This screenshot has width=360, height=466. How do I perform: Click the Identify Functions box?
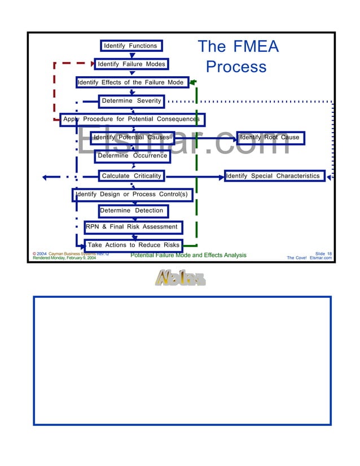[x=131, y=46]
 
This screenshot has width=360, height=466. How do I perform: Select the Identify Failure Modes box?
[x=131, y=64]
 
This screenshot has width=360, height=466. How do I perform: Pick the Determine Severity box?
[x=131, y=101]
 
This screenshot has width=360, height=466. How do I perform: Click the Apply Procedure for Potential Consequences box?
[x=132, y=120]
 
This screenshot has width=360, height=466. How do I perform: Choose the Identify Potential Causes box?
[x=131, y=138]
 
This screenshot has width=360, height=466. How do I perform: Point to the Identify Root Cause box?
[x=270, y=138]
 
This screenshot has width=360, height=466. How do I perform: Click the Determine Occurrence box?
[x=132, y=156]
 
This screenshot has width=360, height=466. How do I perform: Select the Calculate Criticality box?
[x=131, y=176]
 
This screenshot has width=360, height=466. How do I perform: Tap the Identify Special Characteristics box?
[x=274, y=176]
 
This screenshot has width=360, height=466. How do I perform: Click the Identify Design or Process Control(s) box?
[x=131, y=195]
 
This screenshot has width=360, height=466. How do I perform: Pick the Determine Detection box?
[x=131, y=210]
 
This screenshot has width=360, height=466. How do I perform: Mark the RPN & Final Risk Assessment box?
[x=133, y=227]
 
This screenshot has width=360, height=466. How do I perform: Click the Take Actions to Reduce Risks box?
[x=134, y=245]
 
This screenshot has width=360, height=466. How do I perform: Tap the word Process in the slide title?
[x=236, y=67]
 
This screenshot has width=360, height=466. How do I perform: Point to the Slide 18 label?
[x=323, y=254]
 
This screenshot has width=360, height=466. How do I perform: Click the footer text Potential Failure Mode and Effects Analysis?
[x=188, y=255]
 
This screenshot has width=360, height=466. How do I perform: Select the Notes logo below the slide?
[x=180, y=278]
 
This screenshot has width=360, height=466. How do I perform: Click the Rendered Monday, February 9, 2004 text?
[x=64, y=258]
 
